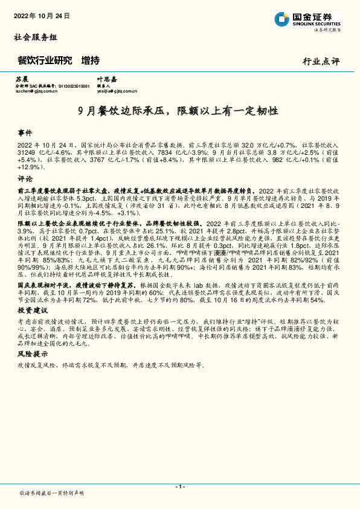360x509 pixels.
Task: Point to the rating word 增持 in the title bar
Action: pyautogui.click(x=91, y=60)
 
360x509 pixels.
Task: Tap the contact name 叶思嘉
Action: pyautogui.click(x=106, y=79)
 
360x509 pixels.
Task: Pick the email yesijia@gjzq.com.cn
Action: pyautogui.click(x=118, y=92)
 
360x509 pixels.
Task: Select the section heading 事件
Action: pyautogui.click(x=25, y=132)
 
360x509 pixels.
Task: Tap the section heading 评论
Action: pyautogui.click(x=25, y=180)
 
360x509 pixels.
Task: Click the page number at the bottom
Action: pyautogui.click(x=179, y=486)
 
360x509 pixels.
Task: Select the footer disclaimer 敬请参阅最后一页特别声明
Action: pyautogui.click(x=51, y=494)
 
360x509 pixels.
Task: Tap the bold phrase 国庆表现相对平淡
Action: pyautogui.click(x=42, y=283)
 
